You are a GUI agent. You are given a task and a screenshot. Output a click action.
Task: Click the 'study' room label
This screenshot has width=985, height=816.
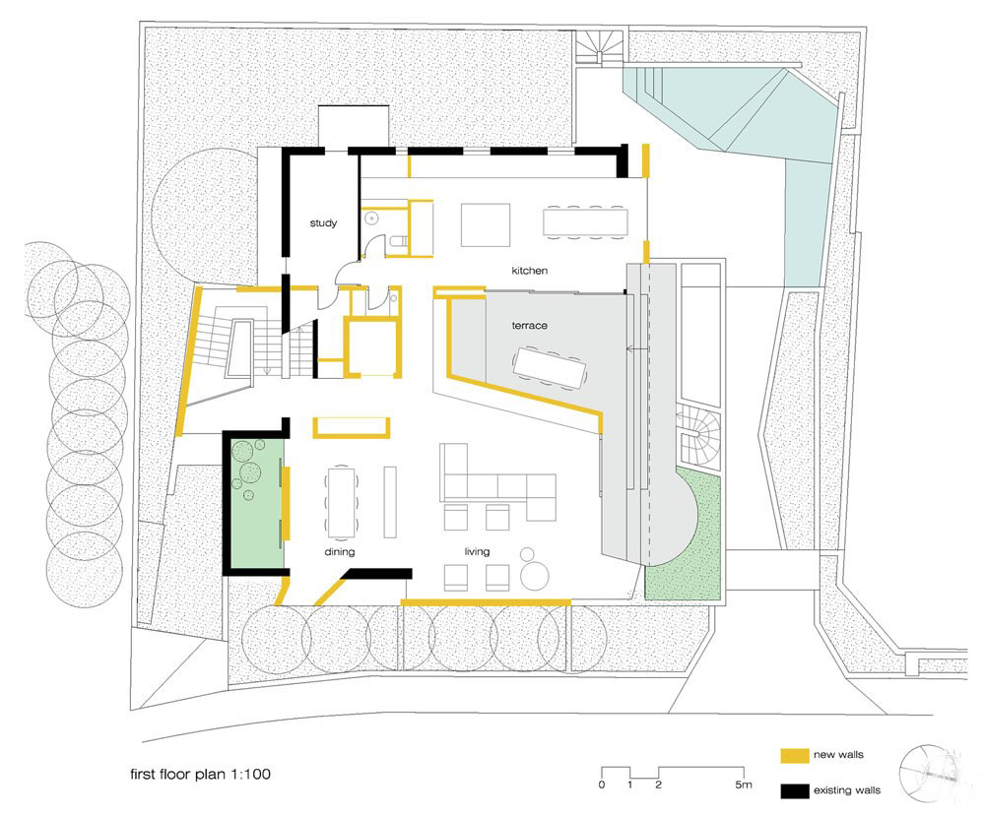323,222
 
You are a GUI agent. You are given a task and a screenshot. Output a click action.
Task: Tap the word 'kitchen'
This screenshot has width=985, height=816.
530,271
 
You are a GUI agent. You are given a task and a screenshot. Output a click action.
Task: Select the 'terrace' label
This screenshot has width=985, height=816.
530,325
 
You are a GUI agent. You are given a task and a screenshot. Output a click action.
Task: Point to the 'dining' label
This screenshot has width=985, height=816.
339,552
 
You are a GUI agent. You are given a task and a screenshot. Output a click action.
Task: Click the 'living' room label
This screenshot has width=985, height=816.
477,552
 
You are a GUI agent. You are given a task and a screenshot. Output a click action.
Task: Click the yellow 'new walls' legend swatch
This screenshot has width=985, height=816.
795,755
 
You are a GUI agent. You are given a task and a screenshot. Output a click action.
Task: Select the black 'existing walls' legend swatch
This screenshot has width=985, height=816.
795,790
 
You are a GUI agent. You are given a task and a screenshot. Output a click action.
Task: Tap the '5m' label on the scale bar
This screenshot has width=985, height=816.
743,785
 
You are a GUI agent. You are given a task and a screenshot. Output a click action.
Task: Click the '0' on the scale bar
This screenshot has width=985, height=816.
602,785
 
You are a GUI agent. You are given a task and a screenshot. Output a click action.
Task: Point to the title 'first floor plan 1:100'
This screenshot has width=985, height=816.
200,774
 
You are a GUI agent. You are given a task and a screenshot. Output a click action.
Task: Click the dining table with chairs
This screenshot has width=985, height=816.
341,501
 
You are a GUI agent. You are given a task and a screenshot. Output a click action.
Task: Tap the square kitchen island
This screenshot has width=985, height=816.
486,224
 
